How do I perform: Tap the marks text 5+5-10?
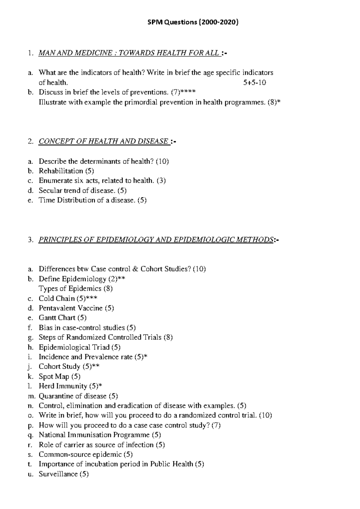point(254,83)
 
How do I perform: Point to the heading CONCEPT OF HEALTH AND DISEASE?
point(103,141)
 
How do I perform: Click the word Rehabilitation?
point(61,171)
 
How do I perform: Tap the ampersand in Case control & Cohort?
point(135,269)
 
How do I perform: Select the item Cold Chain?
point(57,299)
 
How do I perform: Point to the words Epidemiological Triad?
point(74,347)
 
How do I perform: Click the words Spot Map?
point(54,376)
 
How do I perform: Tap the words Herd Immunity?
point(63,386)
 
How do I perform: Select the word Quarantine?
point(54,396)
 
